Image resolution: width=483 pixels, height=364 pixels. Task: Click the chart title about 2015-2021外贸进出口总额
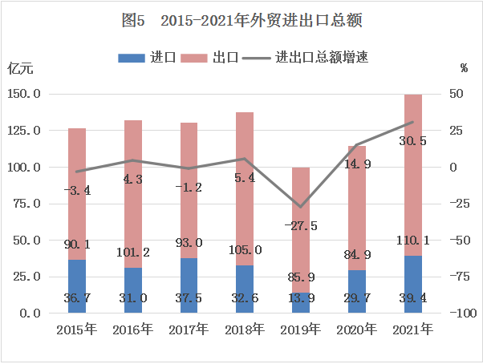coord(241,20)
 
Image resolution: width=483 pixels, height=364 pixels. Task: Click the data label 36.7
coord(78,298)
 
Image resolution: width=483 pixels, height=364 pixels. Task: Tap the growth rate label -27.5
coord(301,226)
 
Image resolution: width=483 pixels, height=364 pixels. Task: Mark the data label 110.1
coord(412,239)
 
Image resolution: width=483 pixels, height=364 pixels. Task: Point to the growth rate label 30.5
coord(412,141)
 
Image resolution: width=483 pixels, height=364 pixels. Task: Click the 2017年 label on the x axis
coord(189,329)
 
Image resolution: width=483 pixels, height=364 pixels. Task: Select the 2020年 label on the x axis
coord(356,329)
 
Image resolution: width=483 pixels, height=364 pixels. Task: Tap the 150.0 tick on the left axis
coord(24,94)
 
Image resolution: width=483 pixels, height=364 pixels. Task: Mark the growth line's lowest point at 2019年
coord(301,207)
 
